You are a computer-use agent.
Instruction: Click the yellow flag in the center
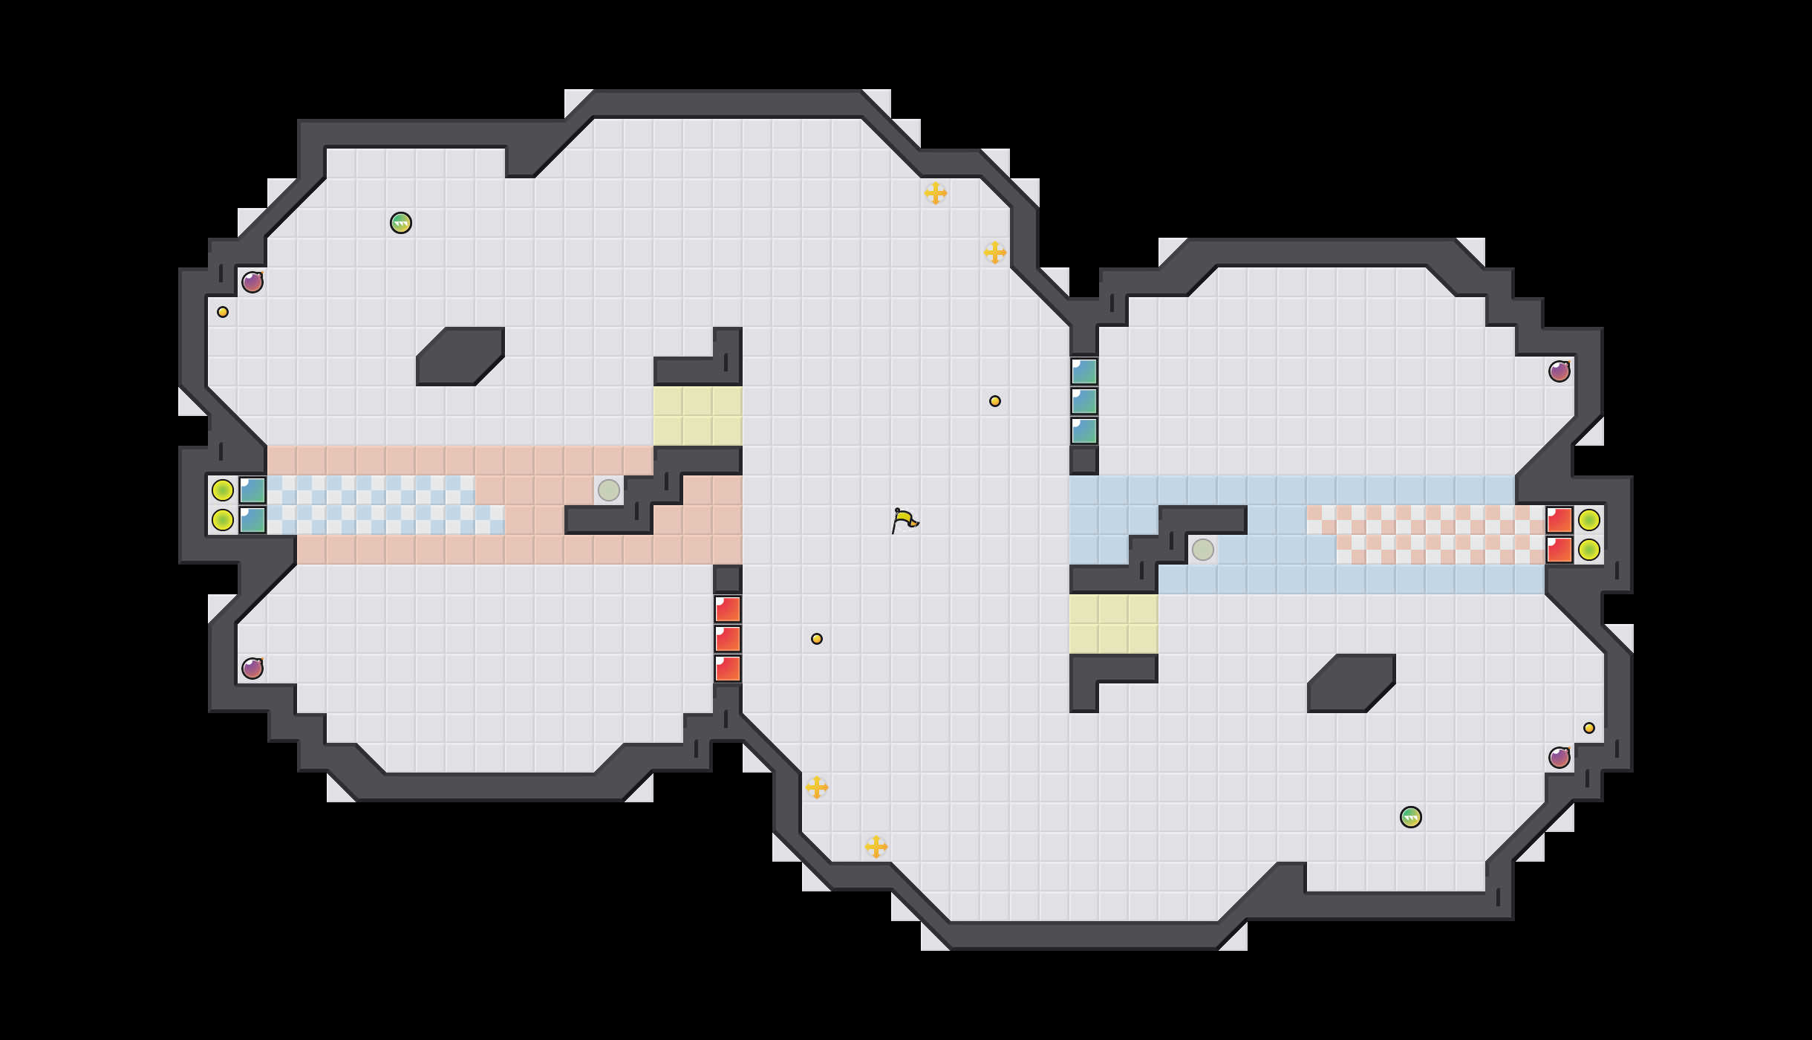(904, 520)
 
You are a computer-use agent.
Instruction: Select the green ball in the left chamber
(401, 223)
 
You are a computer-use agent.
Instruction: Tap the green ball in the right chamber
(1410, 817)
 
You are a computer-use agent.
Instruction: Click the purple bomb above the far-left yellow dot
(252, 282)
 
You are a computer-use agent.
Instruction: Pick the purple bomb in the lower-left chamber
(252, 669)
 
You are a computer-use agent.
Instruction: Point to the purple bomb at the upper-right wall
(1559, 371)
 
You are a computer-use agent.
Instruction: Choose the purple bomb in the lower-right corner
(1559, 758)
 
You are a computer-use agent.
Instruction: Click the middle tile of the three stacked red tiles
(728, 639)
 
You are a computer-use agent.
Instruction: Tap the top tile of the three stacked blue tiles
(1084, 371)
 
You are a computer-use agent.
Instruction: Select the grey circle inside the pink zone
(609, 490)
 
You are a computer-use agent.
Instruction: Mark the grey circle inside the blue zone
(1203, 550)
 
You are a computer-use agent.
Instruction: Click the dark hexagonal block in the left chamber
(460, 357)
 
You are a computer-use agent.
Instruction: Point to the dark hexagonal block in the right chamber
(1352, 683)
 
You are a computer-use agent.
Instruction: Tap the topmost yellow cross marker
(936, 193)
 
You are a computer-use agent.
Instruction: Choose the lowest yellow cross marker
(876, 847)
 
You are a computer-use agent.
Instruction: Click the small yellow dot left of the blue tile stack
(995, 401)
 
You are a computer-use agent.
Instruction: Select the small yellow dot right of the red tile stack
(817, 639)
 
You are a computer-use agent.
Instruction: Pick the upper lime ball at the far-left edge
(223, 490)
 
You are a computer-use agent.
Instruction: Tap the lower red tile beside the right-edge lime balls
(1560, 550)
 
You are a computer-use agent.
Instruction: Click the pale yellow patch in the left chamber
(698, 416)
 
